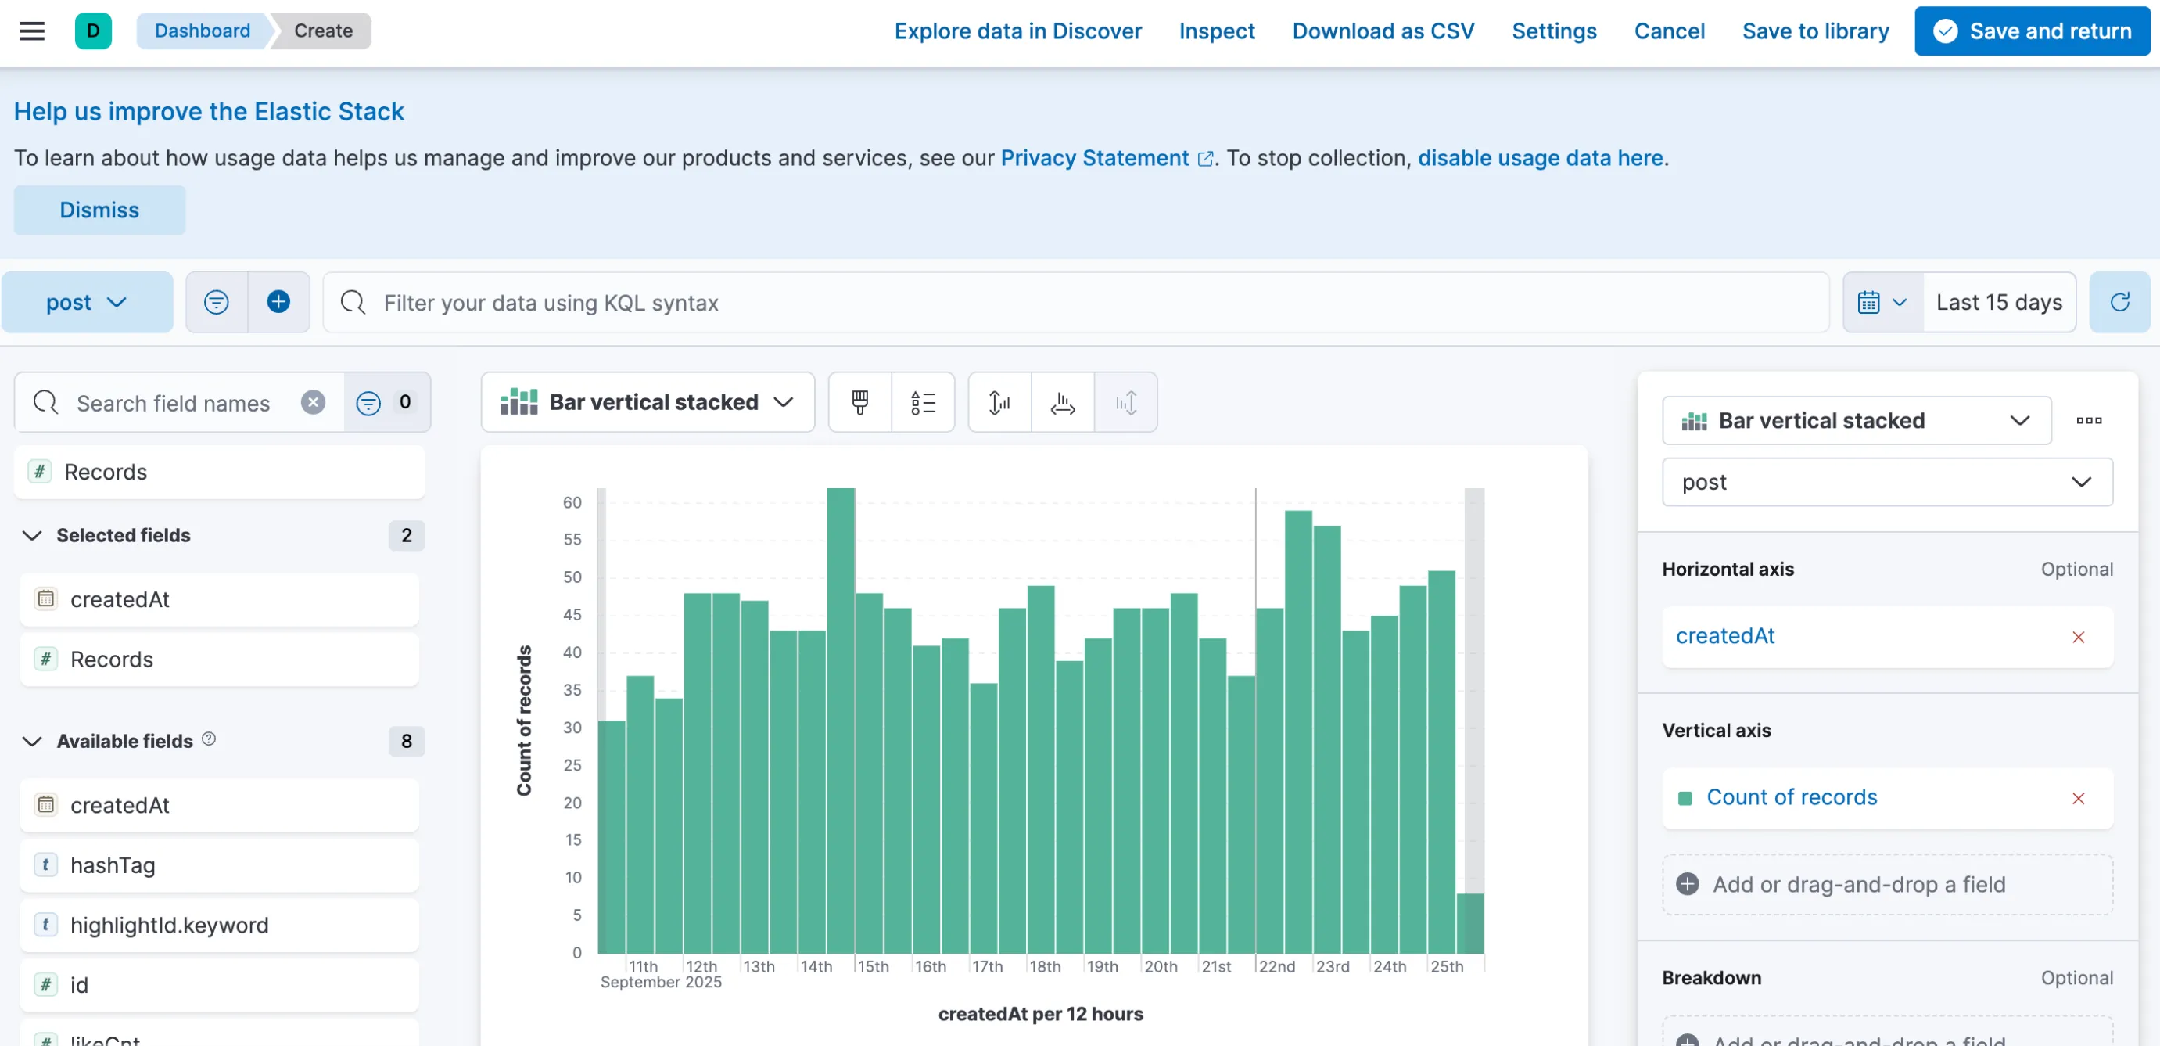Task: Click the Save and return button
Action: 2032,31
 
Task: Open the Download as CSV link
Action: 1383,31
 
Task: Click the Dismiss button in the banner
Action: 99,210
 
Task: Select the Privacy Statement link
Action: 1094,158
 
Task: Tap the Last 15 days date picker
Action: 1999,302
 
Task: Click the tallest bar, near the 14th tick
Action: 841,721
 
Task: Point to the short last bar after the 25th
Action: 1470,923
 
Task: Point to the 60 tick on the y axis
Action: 572,502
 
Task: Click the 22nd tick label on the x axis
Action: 1276,966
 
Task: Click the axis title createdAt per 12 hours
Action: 1041,1014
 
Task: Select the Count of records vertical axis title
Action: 524,721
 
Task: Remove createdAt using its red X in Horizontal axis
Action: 2079,637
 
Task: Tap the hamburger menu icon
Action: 32,31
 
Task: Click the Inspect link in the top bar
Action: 1217,31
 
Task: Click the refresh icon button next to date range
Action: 2119,302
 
